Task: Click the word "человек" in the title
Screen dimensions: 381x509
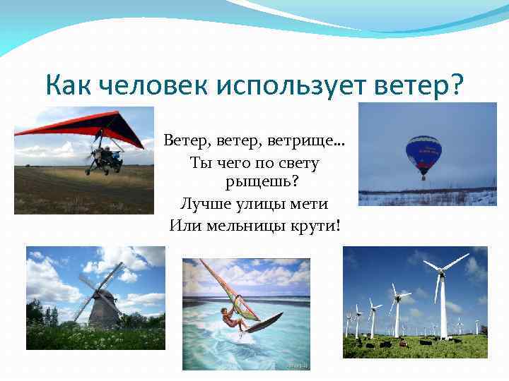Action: [150, 86]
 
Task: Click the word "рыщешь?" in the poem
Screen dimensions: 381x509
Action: [262, 183]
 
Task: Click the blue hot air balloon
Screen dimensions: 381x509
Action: [423, 152]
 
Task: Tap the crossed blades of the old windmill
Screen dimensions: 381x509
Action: [98, 286]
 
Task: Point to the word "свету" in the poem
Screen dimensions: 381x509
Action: [300, 162]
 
